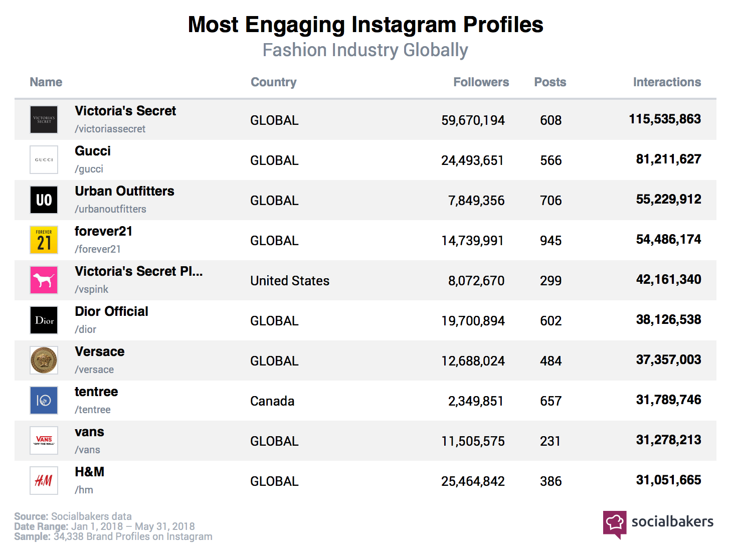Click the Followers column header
481,82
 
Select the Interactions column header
666,82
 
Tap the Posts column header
550,82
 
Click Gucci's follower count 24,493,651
472,160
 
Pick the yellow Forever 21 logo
44,240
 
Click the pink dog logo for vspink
44,280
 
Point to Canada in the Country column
272,401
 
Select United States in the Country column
290,281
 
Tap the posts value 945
551,241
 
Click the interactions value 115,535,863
665,119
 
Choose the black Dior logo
44,320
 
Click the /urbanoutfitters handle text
110,209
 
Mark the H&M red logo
44,481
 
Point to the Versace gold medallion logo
44,360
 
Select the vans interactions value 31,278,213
668,440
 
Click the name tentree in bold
96,392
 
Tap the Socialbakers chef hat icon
615,524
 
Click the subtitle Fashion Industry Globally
365,50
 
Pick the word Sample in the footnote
32,536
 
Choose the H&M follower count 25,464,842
473,481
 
